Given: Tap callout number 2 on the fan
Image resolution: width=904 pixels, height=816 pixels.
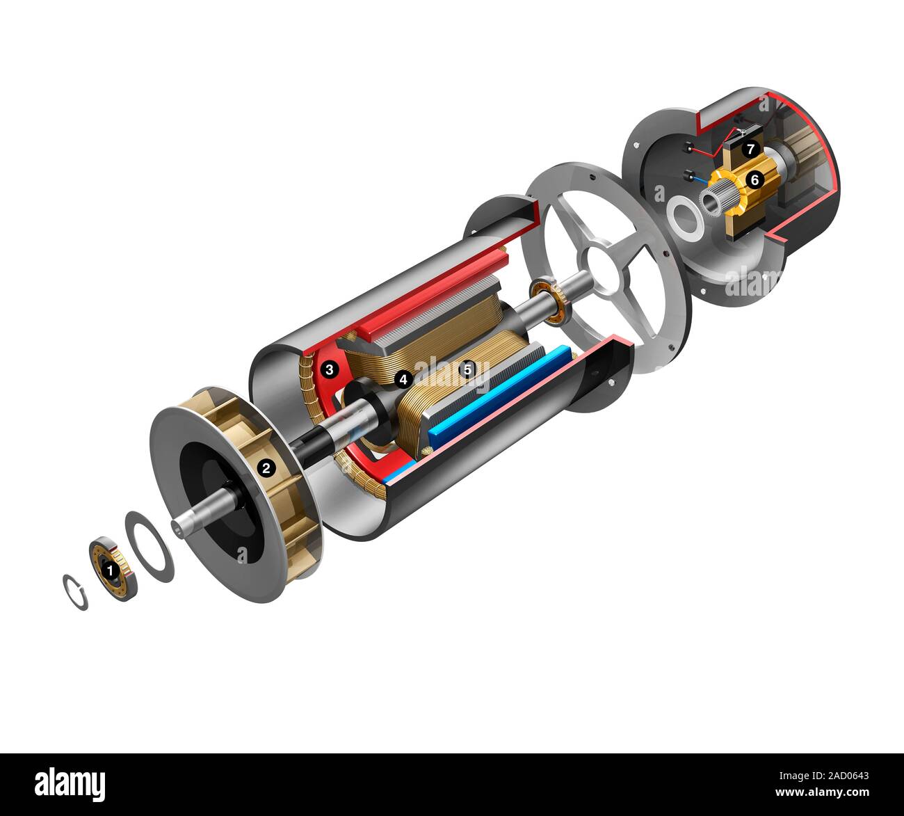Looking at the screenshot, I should tap(265, 468).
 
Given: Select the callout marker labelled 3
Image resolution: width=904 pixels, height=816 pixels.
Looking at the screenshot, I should tap(330, 369).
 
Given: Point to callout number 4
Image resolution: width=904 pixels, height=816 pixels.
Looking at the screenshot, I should tap(402, 379).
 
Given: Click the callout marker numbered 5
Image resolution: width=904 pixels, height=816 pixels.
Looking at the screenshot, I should tap(467, 369).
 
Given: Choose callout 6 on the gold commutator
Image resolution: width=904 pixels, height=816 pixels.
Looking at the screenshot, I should tap(754, 179).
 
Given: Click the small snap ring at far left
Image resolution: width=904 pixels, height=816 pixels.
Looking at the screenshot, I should tap(75, 591).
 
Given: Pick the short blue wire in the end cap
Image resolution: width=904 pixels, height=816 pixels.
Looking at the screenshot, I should tap(698, 179).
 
